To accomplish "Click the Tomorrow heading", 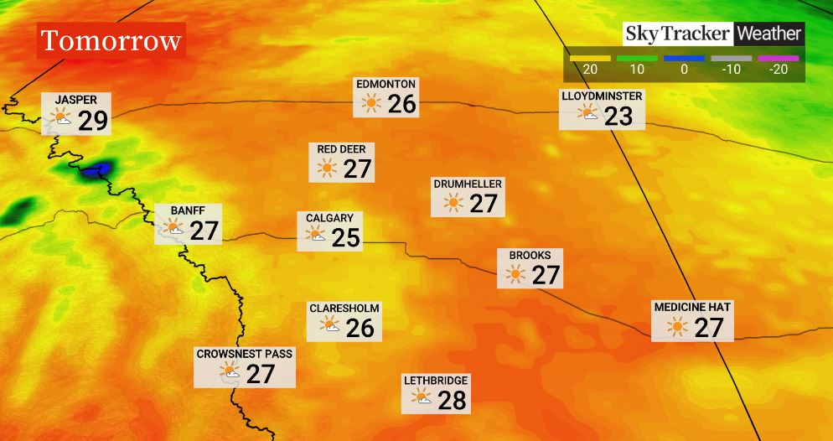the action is click(x=111, y=40).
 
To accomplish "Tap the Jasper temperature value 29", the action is click(x=93, y=122).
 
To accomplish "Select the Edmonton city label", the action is click(x=385, y=85).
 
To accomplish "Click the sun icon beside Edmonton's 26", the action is click(x=370, y=104).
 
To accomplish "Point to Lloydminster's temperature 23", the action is click(x=618, y=116).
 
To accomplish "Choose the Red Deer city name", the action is click(x=341, y=149).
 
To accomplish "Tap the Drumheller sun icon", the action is click(x=453, y=203).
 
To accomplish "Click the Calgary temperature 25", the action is click(x=345, y=238).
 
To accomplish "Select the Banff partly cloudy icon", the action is click(x=173, y=229).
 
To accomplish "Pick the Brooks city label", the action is click(x=530, y=255).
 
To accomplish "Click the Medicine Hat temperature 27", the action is click(x=709, y=328).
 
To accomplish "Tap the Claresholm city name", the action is click(x=344, y=309).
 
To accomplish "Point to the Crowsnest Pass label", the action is click(x=245, y=354).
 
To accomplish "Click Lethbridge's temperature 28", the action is click(x=452, y=400).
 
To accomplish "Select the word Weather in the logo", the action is click(x=769, y=34).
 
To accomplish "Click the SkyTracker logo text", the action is click(x=678, y=34).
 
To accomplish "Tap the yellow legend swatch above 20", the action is click(x=589, y=59).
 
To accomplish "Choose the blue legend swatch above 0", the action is click(x=684, y=59).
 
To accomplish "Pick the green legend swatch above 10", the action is click(x=636, y=59).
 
